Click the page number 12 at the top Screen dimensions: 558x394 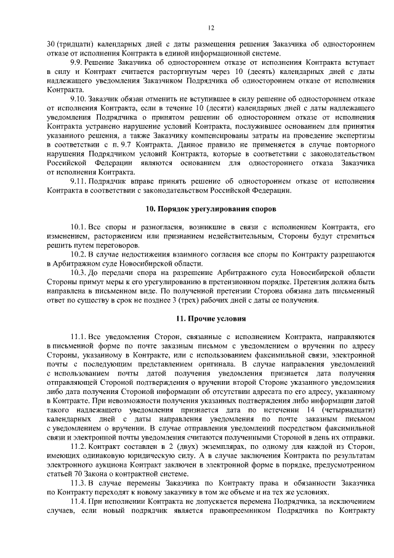tap(211, 28)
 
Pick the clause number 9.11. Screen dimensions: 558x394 tap(79, 181)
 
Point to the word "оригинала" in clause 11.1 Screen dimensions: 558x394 tap(212, 364)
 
